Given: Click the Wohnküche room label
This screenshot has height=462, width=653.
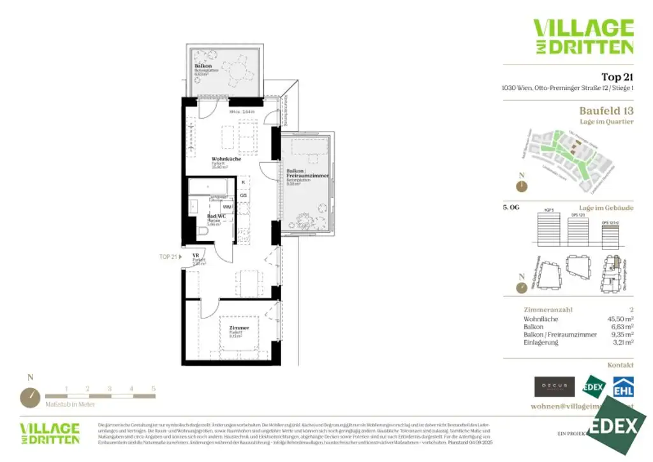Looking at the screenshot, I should coord(226,159).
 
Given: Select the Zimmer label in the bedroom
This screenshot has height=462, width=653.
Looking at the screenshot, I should coord(238,328).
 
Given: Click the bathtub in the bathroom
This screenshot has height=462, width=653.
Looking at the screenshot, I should coord(212,186).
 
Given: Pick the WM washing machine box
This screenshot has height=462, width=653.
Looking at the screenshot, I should coord(226,207).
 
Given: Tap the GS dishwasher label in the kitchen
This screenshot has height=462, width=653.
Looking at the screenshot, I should coord(243,195).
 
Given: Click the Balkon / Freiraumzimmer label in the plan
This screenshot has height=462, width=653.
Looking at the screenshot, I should coord(307,174).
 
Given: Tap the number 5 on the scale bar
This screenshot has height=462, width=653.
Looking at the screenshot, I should coord(153,388).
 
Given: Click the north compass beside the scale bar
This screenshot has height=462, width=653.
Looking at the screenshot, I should coord(30,396).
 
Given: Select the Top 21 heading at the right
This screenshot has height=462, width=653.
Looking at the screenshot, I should coord(617,77).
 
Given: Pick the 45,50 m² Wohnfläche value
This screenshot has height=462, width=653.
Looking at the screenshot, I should coord(620,318).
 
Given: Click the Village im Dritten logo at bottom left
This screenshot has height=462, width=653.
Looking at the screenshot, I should coord(50,433).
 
